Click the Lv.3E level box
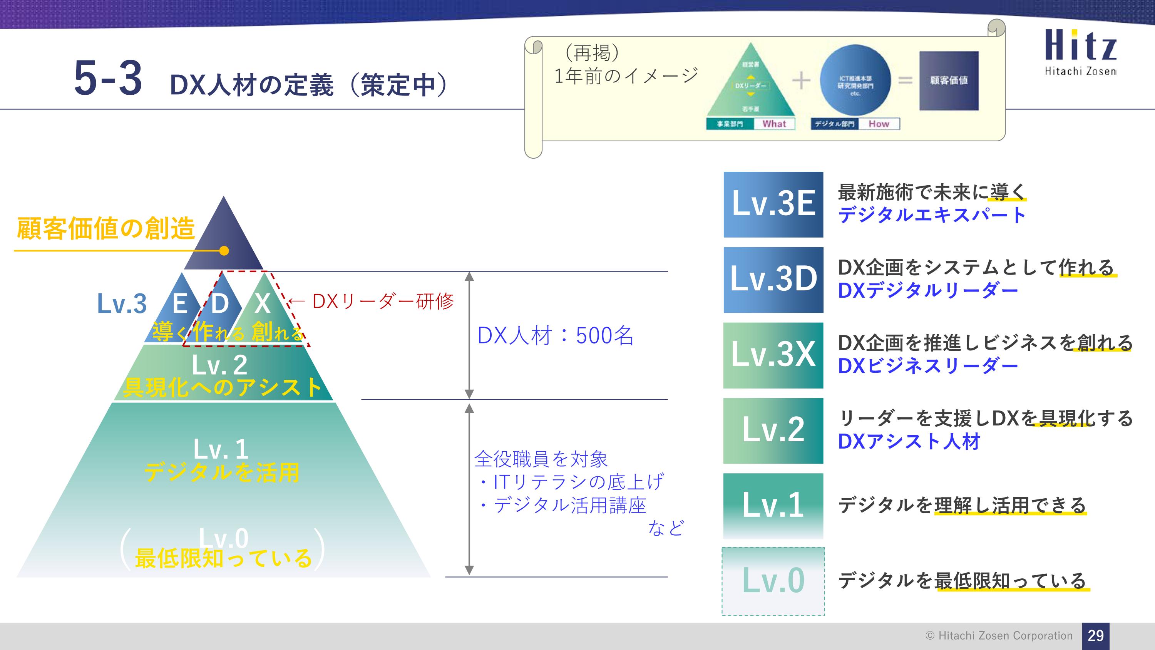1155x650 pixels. pos(773,204)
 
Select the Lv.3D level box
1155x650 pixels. pos(773,280)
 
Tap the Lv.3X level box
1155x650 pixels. pos(773,355)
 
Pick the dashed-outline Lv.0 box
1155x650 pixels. pos(773,581)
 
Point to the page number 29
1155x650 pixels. pos(1095,635)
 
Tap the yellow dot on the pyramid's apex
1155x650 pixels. pos(224,251)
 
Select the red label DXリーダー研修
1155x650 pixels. pos(382,301)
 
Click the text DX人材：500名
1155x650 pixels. pos(555,335)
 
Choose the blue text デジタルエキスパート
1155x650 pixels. pos(931,215)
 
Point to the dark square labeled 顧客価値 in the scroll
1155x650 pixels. pos(949,81)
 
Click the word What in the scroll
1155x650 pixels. pos(774,124)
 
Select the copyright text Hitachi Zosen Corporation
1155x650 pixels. pos(999,636)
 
